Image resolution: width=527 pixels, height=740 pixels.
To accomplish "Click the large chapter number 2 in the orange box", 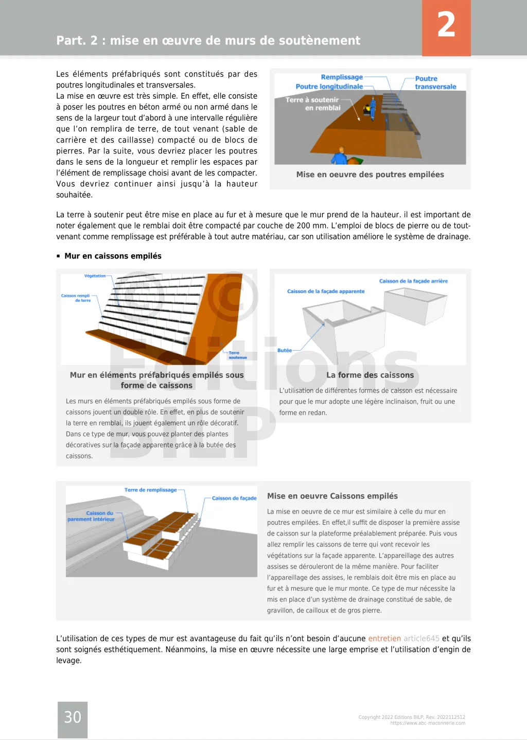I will coord(446,25).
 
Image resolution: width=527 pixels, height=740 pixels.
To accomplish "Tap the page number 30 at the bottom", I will coord(73,717).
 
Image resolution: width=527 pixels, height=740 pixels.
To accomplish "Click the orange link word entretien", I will coord(384,639).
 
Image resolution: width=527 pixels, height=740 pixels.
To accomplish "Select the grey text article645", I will coord(421,639).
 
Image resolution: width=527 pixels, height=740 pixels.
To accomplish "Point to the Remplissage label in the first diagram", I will coord(342,77).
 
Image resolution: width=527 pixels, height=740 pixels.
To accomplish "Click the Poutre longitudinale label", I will coord(329,87).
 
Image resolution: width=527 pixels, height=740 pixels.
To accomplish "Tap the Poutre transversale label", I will coord(435,82).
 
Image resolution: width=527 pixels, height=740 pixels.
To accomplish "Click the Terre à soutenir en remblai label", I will coord(312,104).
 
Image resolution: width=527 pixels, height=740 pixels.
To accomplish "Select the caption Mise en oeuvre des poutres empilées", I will coord(370,175).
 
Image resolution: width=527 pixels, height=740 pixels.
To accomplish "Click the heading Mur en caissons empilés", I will coord(113,256).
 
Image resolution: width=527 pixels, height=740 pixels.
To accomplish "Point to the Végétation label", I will coord(95,276).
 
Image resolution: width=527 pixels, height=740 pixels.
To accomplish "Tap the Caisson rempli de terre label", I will coord(76,298).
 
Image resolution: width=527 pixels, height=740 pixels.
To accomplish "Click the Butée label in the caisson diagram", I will coord(285,350).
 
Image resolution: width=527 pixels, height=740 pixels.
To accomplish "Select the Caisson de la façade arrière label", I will coord(413,281).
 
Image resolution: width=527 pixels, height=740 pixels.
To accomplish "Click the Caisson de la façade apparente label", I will coord(326,291).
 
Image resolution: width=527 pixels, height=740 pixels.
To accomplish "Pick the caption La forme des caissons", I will coord(370,375).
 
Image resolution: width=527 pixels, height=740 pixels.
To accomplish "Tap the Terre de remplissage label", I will coord(150,490).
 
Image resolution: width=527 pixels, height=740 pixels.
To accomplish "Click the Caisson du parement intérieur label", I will coord(92,516).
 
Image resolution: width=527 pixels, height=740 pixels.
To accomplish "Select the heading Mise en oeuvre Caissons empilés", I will coord(332,496).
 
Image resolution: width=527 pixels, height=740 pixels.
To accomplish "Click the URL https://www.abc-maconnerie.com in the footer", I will coord(428,723).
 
